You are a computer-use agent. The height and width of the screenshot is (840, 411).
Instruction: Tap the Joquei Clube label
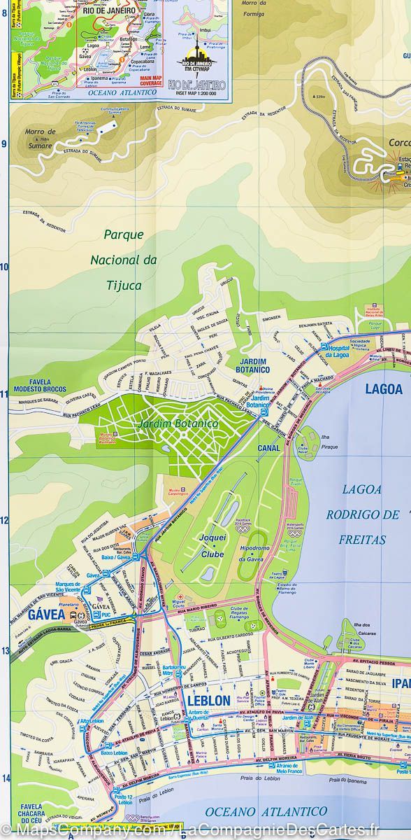tap(213, 542)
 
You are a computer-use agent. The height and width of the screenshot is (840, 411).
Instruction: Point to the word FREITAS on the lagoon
tap(362, 540)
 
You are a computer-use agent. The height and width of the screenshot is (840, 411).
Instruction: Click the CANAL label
tap(268, 448)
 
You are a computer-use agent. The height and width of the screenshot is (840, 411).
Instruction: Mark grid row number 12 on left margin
tap(4, 520)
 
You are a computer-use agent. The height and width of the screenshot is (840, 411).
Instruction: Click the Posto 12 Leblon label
tap(125, 799)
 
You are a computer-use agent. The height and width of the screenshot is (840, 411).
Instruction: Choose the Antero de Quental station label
tap(199, 717)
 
